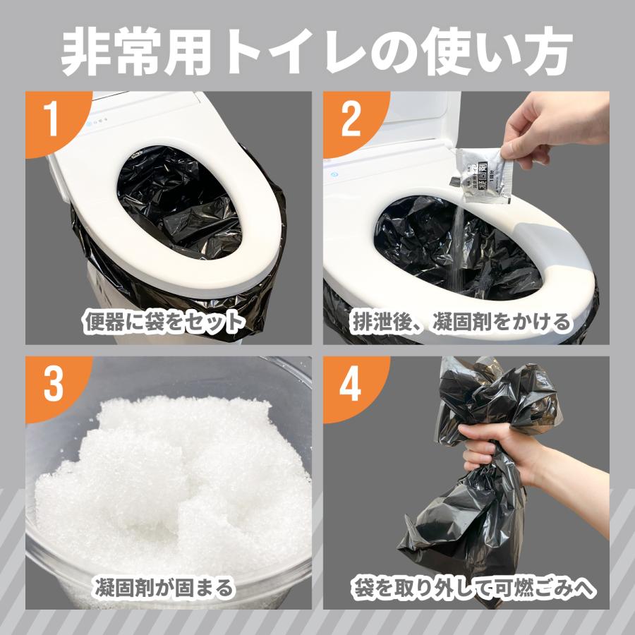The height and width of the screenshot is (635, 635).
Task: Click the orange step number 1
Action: pyautogui.click(x=52, y=118)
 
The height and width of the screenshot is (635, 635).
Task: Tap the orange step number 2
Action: pyautogui.click(x=351, y=118)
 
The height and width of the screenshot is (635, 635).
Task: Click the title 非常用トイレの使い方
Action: pyautogui.click(x=317, y=52)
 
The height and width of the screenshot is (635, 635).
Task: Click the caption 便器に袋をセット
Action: pyautogui.click(x=164, y=322)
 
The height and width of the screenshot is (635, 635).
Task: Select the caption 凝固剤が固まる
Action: pyautogui.click(x=164, y=588)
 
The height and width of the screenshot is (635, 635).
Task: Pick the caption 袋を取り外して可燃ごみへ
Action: pyautogui.click(x=473, y=588)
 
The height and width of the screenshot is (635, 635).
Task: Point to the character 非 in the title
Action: pyautogui.click(x=85, y=52)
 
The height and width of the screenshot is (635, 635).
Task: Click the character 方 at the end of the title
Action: pyautogui.click(x=547, y=52)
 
